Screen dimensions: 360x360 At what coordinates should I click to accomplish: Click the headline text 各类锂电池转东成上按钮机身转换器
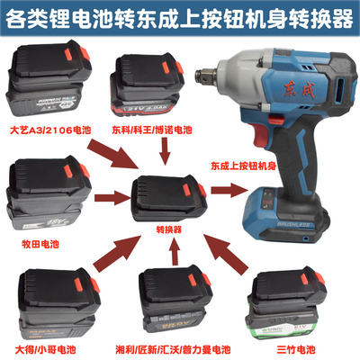tap(180, 17)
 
